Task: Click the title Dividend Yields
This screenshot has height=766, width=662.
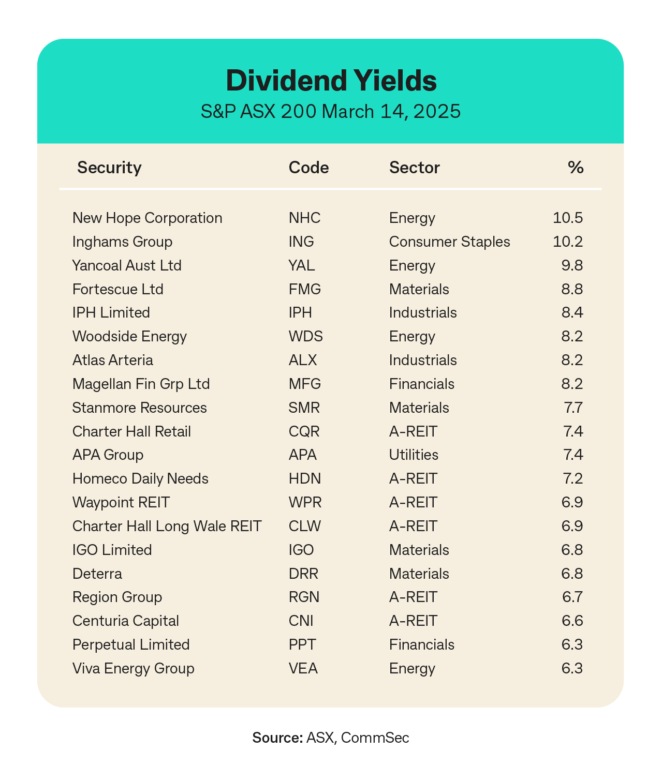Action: click(331, 81)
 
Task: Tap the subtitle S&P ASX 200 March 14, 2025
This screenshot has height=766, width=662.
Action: click(331, 111)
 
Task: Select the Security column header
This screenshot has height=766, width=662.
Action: click(109, 168)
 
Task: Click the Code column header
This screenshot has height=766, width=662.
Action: click(308, 168)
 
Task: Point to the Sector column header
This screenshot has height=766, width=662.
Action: click(414, 168)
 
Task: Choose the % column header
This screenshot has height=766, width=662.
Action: click(575, 168)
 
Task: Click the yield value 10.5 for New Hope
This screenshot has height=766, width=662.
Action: click(568, 218)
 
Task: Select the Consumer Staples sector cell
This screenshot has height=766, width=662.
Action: click(449, 242)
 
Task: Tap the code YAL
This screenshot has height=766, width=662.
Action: click(302, 265)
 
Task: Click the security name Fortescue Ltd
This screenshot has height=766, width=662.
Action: click(118, 289)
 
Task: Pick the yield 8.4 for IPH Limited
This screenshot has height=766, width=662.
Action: click(572, 313)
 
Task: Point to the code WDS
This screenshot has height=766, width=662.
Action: click(305, 337)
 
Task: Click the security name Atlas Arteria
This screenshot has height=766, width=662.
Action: click(113, 360)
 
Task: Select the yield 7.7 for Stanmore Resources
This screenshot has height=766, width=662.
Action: click(573, 408)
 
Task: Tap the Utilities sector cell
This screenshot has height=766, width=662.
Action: click(414, 455)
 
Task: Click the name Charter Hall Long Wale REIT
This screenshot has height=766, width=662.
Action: click(167, 526)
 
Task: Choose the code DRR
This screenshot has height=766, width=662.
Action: click(303, 574)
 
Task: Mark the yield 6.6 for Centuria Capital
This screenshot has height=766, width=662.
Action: click(572, 621)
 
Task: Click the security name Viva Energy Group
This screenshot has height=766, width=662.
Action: click(134, 668)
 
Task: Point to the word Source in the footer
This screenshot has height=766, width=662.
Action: click(277, 738)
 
